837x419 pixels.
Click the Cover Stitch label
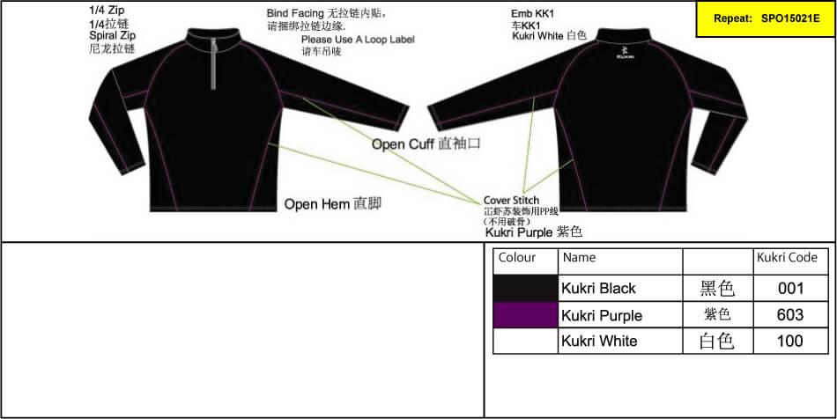[x=511, y=201]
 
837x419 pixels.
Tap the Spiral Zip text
[x=111, y=36]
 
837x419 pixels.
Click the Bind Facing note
[x=326, y=14]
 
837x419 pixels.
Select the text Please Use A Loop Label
[x=357, y=40]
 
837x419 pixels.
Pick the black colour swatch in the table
[x=526, y=288]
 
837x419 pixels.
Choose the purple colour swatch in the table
[x=526, y=315]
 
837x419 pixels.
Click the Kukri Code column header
[x=787, y=258]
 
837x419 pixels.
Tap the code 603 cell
[x=790, y=315]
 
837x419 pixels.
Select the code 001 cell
[x=790, y=288]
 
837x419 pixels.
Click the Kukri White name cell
[x=599, y=342]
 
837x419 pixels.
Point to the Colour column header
[x=517, y=258]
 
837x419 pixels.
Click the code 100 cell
[x=790, y=342]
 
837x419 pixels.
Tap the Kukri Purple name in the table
[x=602, y=315]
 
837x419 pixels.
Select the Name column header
[x=579, y=258]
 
